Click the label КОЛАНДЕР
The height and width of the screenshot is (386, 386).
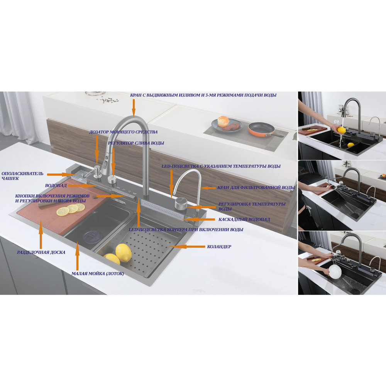pyautogui.click(x=219, y=247)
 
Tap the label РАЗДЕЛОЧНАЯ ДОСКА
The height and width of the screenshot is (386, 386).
pyautogui.click(x=41, y=252)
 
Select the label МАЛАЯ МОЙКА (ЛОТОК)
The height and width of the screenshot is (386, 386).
pyautogui.click(x=98, y=274)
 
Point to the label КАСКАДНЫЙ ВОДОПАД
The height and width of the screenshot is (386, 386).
pyautogui.click(x=244, y=219)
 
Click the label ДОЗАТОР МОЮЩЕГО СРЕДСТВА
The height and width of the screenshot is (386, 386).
pyautogui.click(x=124, y=132)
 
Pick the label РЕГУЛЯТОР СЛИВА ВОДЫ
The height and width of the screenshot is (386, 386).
pyautogui.click(x=136, y=143)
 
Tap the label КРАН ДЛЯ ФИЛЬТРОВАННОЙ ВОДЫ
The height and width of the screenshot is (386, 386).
pyautogui.click(x=256, y=188)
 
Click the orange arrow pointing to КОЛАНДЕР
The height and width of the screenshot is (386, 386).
pyautogui.click(x=187, y=246)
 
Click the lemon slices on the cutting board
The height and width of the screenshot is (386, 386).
pyautogui.click(x=70, y=210)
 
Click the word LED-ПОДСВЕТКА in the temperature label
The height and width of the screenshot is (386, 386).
pyautogui.click(x=180, y=166)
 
